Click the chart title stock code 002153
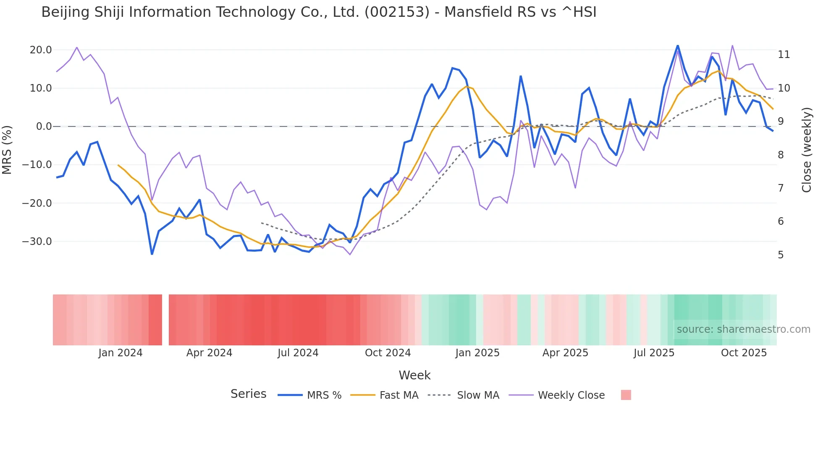click(x=397, y=12)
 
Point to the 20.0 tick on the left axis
click(x=41, y=50)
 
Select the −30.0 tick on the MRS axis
click(x=37, y=242)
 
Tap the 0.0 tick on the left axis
click(x=44, y=126)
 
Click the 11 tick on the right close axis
click(x=784, y=55)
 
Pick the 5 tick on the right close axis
click(x=781, y=255)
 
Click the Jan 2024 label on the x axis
click(x=120, y=353)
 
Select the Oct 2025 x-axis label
click(x=744, y=353)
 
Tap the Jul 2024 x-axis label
click(x=298, y=353)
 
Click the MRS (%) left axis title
click(x=7, y=150)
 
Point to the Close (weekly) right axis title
click(x=807, y=150)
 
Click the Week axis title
click(x=414, y=375)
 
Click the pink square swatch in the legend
click(x=626, y=395)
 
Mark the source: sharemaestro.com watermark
click(x=743, y=329)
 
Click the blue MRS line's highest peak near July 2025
click(x=677, y=46)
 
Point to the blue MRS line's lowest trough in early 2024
click(x=152, y=254)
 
